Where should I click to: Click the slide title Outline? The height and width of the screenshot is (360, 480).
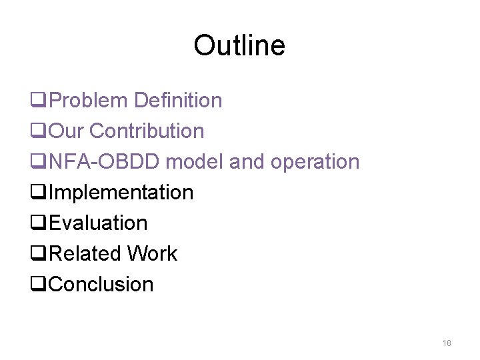pos(239,45)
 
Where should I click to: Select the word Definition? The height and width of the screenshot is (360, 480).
pos(178,101)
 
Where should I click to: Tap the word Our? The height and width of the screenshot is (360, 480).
pos(67,131)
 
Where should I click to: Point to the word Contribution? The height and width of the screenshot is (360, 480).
pos(147,131)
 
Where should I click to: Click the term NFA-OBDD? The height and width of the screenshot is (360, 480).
pos(105,162)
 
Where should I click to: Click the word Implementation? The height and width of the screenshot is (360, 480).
pos(121,193)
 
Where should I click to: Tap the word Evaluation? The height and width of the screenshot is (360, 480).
pos(99,223)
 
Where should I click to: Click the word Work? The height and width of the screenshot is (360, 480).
pos(153,254)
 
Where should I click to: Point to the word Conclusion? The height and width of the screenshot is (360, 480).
pos(101,285)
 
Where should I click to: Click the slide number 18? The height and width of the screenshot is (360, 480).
pos(447,343)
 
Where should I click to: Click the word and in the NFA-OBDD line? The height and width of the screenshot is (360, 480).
pos(247,162)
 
